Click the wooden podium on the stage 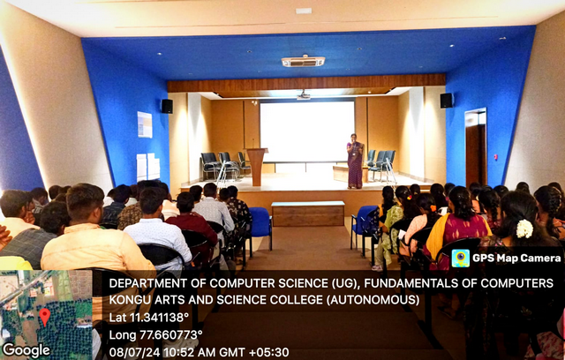pyautogui.click(x=257, y=166)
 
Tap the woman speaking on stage pyautogui.click(x=355, y=161)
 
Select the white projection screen pyautogui.click(x=307, y=131)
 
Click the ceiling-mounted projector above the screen pyautogui.click(x=304, y=95)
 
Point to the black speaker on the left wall pyautogui.click(x=167, y=106)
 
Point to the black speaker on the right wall pyautogui.click(x=447, y=101)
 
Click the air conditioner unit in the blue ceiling pyautogui.click(x=303, y=61)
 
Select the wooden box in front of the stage pyautogui.click(x=308, y=214)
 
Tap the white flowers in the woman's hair pyautogui.click(x=524, y=229)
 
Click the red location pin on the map pyautogui.click(x=45, y=317)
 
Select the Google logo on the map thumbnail pyautogui.click(x=26, y=350)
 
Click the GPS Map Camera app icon pyautogui.click(x=461, y=259)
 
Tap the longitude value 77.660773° pyautogui.click(x=170, y=334)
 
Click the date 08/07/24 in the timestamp pyautogui.click(x=135, y=352)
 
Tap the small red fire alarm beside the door pyautogui.click(x=495, y=157)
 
